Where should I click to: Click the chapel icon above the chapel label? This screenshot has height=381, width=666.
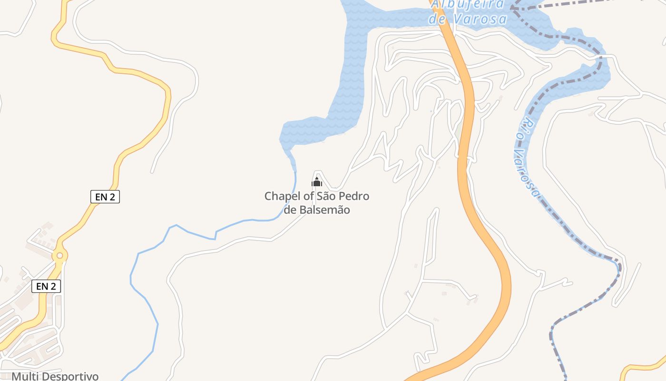(x=317, y=182)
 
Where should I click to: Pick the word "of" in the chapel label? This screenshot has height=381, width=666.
(x=303, y=196)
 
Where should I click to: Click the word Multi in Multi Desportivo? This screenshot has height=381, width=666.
(x=25, y=376)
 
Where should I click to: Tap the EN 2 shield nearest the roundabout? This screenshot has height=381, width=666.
(x=46, y=286)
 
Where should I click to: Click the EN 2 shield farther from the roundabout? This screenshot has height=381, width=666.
(x=105, y=197)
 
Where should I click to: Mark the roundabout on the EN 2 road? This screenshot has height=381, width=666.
(x=59, y=256)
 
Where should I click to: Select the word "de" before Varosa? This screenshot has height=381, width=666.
(x=436, y=19)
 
